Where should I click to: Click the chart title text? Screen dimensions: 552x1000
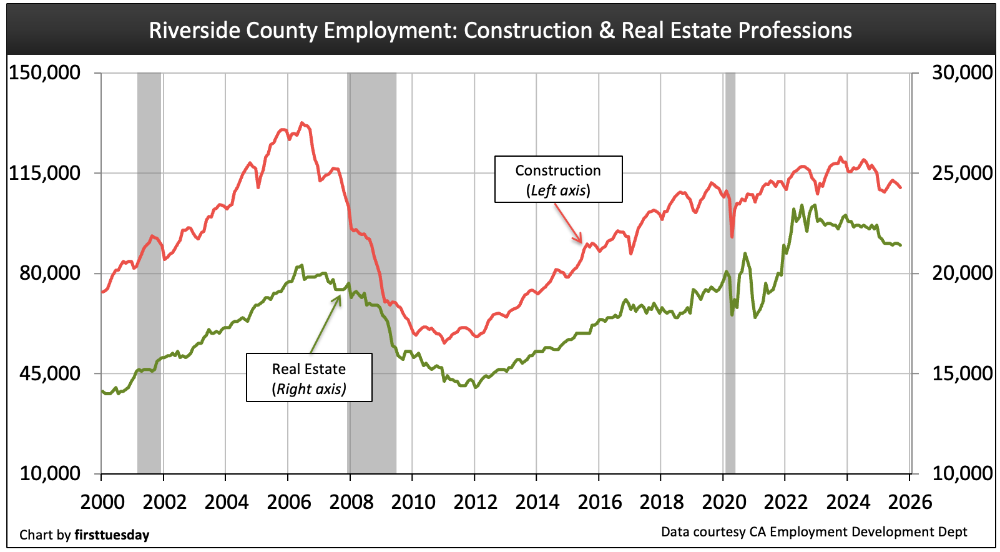coord(500,30)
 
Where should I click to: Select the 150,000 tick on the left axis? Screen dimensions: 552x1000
coord(44,72)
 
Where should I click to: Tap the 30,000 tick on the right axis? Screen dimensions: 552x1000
coord(962,72)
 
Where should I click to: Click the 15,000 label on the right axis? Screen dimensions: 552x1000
coord(962,373)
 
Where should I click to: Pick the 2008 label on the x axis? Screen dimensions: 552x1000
coord(351,502)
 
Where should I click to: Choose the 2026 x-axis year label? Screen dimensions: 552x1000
coord(910,502)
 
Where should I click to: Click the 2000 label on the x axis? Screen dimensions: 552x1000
coord(103,502)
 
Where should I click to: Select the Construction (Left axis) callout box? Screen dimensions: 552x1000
coord(558,179)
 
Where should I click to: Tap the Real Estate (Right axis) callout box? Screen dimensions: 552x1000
coord(309,378)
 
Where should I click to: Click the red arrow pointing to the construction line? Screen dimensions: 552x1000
coord(569,223)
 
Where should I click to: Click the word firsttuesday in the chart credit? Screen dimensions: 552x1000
coord(112,535)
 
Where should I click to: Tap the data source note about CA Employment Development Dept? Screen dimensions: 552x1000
coord(813,532)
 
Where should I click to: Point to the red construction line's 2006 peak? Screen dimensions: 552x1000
coord(302,124)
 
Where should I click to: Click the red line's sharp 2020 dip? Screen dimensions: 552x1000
coord(732,236)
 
